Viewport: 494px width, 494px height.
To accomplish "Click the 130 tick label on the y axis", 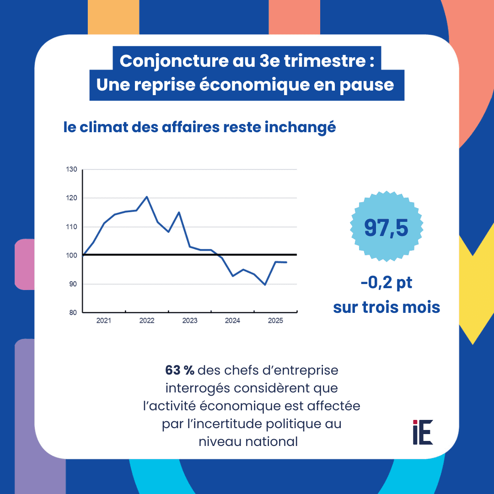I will point(72,170).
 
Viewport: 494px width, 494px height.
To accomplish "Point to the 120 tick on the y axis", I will point(72,198).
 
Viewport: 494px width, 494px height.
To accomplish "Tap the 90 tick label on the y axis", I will point(73,284).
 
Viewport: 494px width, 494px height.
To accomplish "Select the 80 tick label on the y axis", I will point(73,313).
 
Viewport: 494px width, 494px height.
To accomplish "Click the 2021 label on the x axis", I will point(104,321).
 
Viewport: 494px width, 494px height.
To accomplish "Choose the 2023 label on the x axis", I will point(189,321).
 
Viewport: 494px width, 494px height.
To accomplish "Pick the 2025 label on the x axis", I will point(275,321).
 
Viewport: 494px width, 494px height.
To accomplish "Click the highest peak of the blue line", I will point(146,197).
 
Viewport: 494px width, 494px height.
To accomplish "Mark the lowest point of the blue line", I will point(265,285).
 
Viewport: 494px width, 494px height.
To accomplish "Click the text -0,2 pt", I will point(387,283).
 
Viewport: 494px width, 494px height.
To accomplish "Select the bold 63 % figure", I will point(180,370).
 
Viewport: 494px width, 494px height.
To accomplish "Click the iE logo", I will point(423,432).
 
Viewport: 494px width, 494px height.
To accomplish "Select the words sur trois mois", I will point(387,307).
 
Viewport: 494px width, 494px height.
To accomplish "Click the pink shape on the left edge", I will point(24,264).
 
